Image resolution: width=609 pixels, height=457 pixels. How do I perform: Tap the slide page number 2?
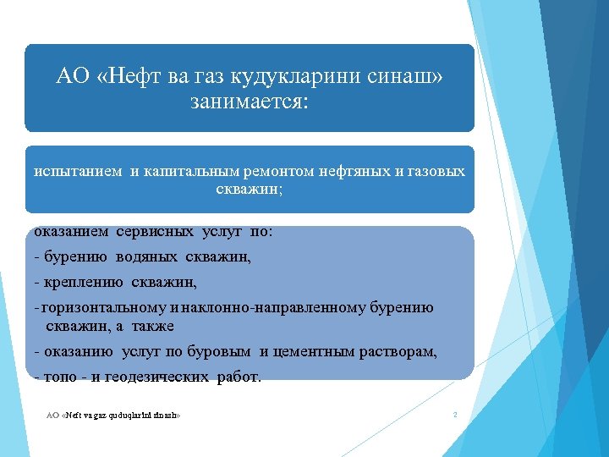click(455, 415)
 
